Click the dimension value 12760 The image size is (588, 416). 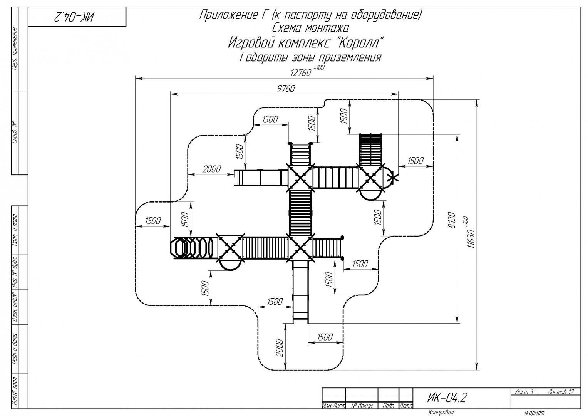[300, 73]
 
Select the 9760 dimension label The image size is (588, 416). [286, 89]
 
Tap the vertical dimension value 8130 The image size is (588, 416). [452, 220]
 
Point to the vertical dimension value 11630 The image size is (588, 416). [471, 239]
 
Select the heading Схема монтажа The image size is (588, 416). [310, 28]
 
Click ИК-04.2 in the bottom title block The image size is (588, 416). [447, 398]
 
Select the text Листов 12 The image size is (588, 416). [560, 392]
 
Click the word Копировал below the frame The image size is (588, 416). [441, 412]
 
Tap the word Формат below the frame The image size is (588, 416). [535, 413]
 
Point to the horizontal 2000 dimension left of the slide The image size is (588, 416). [211, 169]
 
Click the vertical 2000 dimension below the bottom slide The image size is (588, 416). [280, 348]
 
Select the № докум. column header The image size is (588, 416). [362, 406]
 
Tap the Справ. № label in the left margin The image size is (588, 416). [15, 133]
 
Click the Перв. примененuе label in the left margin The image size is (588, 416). [15, 49]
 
